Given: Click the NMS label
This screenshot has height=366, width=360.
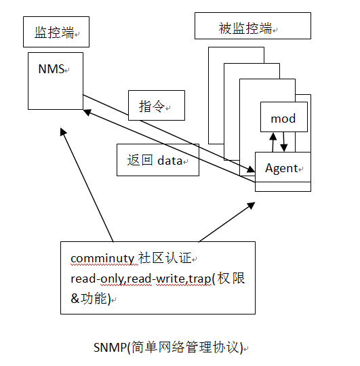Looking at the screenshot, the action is click(51, 69).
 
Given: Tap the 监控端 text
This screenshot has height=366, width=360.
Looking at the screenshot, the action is click(54, 33).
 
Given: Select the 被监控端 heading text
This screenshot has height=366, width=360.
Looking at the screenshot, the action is click(245, 28).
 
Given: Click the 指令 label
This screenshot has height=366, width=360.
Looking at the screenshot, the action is click(152, 106).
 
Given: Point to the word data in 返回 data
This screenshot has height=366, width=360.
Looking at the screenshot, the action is click(169, 161).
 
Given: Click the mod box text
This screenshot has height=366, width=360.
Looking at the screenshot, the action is click(283, 119).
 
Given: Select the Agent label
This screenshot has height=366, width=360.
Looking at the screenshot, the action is click(281, 168).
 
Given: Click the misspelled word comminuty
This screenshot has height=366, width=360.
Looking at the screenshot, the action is click(102, 259).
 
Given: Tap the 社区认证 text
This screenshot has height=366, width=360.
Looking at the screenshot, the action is click(165, 258).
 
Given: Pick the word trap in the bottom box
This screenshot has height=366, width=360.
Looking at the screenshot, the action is click(199, 279).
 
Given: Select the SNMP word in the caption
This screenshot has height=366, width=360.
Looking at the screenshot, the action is click(111, 347).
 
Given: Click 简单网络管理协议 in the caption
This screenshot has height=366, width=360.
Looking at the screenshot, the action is click(185, 347).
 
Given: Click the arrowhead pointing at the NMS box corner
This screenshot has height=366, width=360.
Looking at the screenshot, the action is click(87, 113).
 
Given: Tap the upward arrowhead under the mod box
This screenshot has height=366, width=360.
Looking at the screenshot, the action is click(273, 136).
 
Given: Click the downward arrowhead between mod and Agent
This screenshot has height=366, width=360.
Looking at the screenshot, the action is click(284, 148).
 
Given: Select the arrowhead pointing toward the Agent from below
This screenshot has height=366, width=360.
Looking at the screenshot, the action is click(252, 205).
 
